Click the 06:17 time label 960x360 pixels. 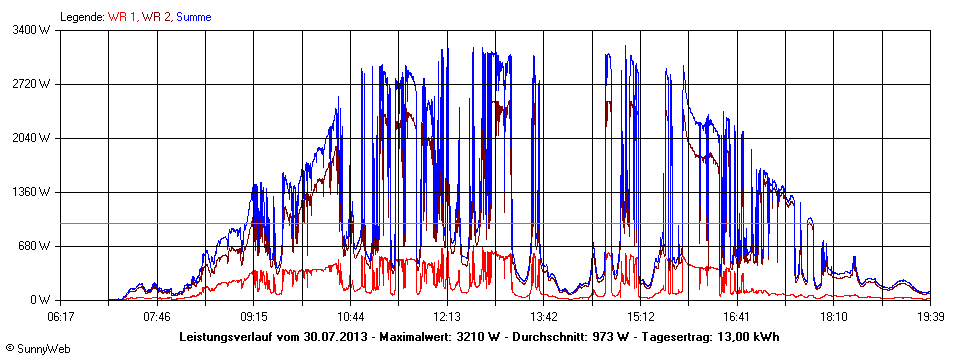pos(61,317)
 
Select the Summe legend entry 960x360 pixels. pos(193,17)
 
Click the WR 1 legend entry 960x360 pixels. pos(122,17)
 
